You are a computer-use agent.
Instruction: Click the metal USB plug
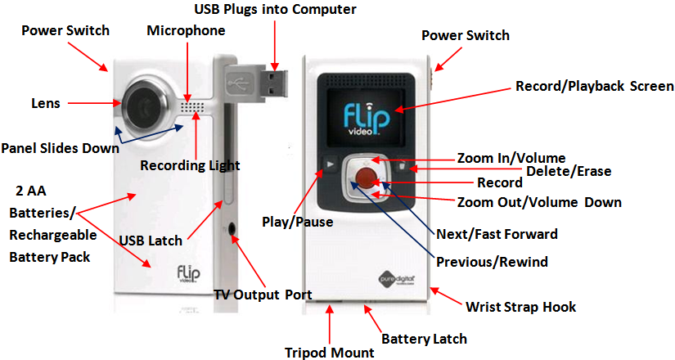[272, 83]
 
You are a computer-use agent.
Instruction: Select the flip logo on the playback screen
[361, 115]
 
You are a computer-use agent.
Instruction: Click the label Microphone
[186, 30]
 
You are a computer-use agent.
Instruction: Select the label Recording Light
[190, 164]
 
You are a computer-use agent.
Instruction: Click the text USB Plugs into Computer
[275, 9]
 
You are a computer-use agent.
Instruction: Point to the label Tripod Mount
[331, 353]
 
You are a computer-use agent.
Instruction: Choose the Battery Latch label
[425, 338]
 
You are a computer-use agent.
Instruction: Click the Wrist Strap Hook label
[520, 307]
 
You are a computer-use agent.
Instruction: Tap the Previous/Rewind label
[492, 262]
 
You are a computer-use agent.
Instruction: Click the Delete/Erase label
[568, 171]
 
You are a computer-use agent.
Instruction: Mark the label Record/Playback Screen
[594, 86]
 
